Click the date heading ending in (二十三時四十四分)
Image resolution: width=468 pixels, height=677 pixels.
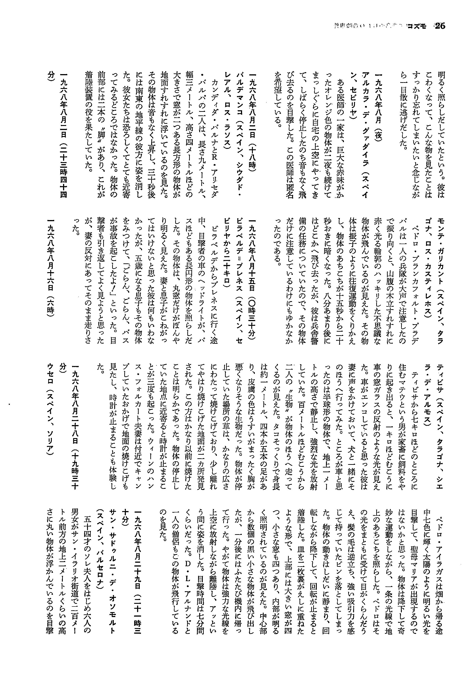[63, 138]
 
